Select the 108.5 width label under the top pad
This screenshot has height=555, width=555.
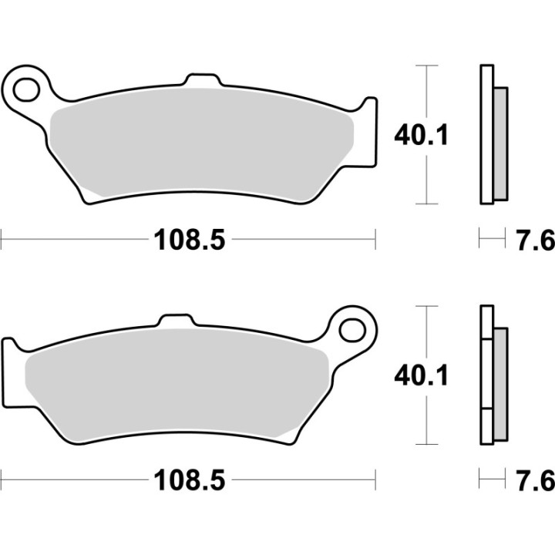(x=190, y=240)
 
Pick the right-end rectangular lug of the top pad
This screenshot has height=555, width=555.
(x=371, y=131)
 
